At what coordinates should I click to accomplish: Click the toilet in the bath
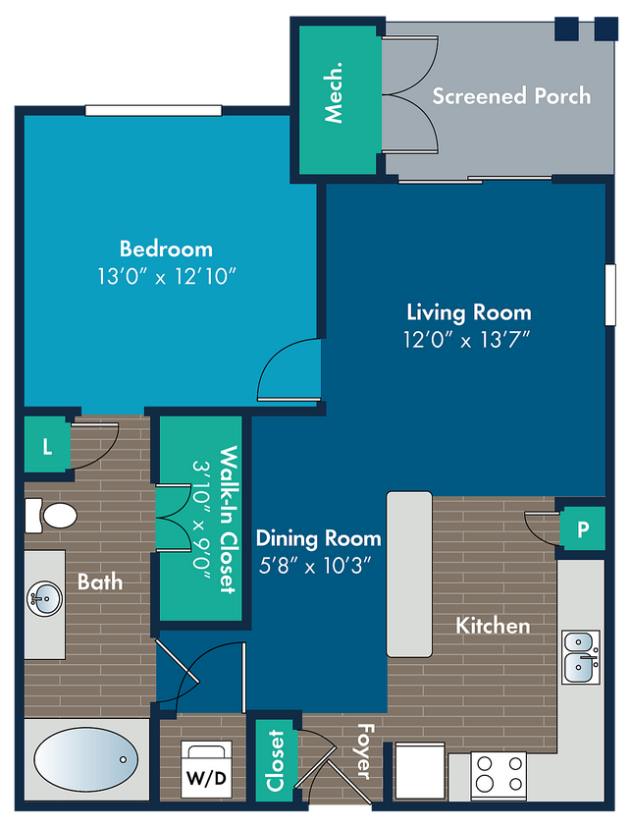pyautogui.click(x=51, y=516)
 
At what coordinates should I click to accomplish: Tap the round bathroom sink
pyautogui.click(x=44, y=599)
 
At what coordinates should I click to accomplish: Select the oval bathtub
pyautogui.click(x=86, y=759)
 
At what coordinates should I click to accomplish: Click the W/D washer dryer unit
pyautogui.click(x=206, y=769)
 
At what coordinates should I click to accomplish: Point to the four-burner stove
pyautogui.click(x=499, y=774)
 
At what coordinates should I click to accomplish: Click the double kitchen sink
pyautogui.click(x=580, y=657)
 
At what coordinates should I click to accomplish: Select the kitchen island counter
pyautogui.click(x=409, y=575)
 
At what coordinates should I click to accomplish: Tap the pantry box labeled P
pyautogui.click(x=582, y=528)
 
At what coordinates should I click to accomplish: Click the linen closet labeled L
pyautogui.click(x=47, y=447)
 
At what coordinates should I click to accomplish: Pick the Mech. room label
pyautogui.click(x=333, y=93)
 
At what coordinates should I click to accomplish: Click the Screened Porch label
pyautogui.click(x=511, y=95)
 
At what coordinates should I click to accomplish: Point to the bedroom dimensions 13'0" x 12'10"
pyautogui.click(x=166, y=276)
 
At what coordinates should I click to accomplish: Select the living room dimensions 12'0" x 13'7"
pyautogui.click(x=467, y=339)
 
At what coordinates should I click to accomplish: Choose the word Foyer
pyautogui.click(x=364, y=751)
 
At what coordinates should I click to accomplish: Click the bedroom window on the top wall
pyautogui.click(x=153, y=110)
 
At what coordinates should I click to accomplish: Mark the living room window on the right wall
pyautogui.click(x=610, y=295)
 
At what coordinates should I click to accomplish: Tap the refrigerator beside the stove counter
pyautogui.click(x=420, y=770)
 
